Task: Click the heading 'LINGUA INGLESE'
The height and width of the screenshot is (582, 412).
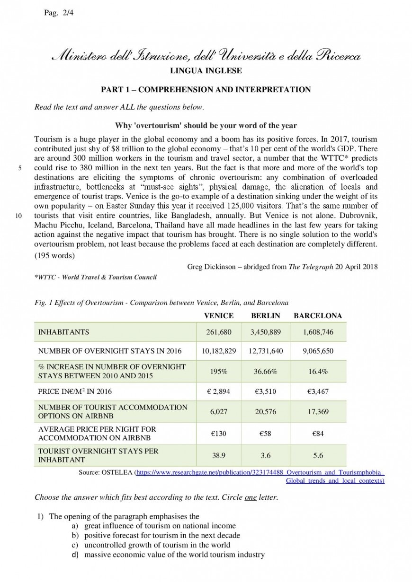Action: tap(206, 71)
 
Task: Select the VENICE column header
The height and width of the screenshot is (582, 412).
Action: tap(218, 316)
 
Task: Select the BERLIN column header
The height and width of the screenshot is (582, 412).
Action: tap(265, 316)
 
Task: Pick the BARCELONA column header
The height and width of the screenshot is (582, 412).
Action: tap(318, 316)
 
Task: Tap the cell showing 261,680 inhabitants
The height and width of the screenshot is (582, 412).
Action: tap(218, 332)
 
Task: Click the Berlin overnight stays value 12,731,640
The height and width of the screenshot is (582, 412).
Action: tap(265, 351)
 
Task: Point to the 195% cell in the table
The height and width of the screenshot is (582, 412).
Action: tap(218, 372)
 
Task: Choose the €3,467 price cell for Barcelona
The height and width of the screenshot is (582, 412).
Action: tap(318, 391)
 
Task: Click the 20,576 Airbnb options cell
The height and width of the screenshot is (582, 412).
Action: tap(265, 412)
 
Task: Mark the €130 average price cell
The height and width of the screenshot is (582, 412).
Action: tap(218, 434)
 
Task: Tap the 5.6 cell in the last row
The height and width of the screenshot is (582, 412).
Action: tap(318, 455)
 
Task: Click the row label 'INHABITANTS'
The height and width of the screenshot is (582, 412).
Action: tap(63, 332)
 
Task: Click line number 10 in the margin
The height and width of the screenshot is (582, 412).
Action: tap(19, 216)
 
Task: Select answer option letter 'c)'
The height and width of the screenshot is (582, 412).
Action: tap(75, 545)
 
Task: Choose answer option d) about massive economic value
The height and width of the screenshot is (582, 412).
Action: tap(174, 555)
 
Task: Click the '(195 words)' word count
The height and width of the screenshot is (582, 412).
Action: tap(54, 256)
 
